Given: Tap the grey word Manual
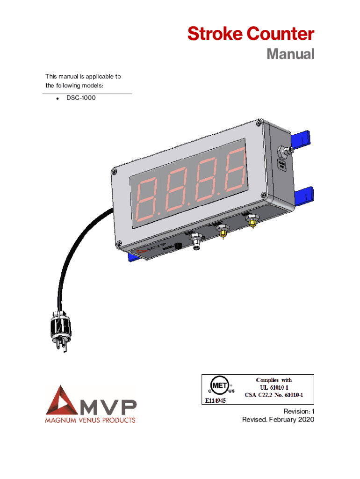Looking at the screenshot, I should click(x=290, y=54).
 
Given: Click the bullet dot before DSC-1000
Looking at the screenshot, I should click(x=57, y=99).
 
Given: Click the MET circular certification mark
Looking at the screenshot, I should click(x=219, y=387).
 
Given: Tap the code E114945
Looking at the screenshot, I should click(x=215, y=400).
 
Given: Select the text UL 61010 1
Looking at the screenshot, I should click(x=274, y=387).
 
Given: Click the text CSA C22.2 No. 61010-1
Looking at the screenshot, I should click(x=274, y=395).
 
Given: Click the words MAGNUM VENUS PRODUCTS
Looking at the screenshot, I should click(x=90, y=420).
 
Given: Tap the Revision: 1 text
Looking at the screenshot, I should click(x=296, y=411).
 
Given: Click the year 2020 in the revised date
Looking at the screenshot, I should click(x=303, y=420).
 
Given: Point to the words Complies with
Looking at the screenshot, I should click(x=274, y=380).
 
